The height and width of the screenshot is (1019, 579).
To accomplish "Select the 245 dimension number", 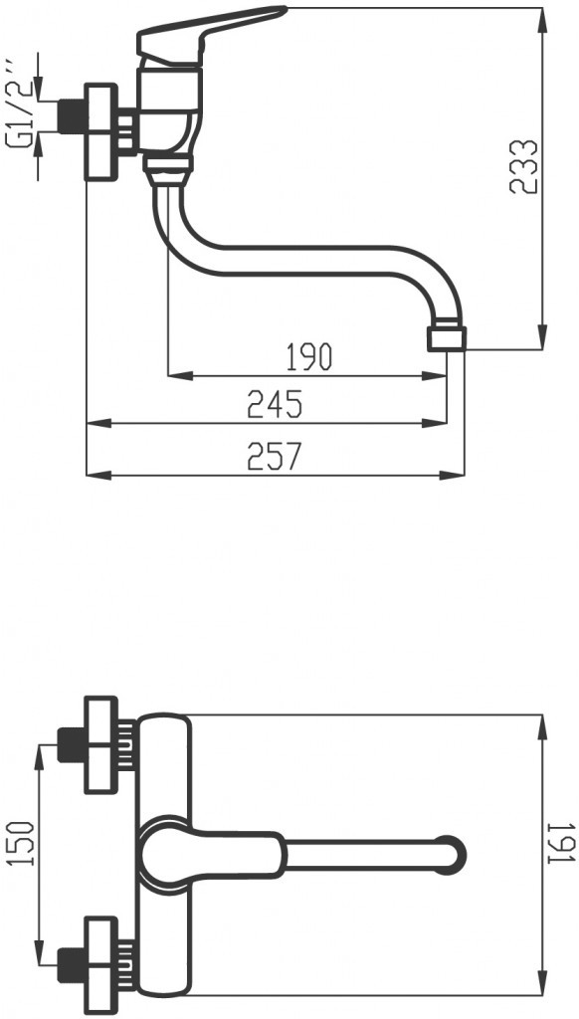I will [x=274, y=405].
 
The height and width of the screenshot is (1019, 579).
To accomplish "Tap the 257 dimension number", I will [x=274, y=455].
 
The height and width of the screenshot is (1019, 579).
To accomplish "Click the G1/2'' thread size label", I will [x=22, y=117].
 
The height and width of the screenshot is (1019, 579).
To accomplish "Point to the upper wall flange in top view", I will [x=100, y=744].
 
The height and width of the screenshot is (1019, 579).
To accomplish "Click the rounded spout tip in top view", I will [x=455, y=854].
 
